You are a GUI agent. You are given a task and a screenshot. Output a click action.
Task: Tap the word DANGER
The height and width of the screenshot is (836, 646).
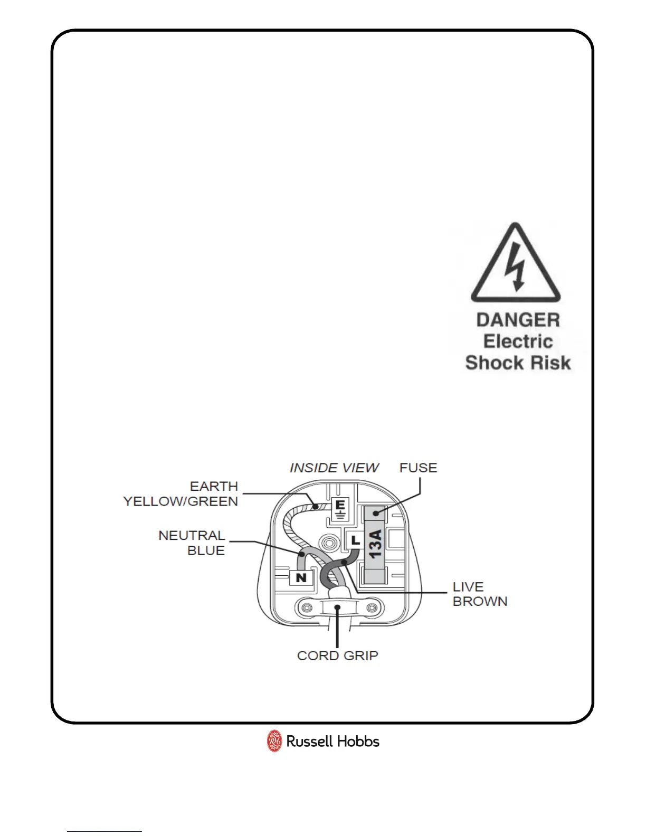click(518, 320)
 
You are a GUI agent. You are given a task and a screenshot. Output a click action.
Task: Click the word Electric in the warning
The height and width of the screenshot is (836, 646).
click(518, 341)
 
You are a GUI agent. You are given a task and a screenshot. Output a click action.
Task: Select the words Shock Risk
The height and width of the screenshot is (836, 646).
click(518, 363)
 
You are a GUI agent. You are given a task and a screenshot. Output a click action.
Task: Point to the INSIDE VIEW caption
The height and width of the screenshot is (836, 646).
click(334, 468)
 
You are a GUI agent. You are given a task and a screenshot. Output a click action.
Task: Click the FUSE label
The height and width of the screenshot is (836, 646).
click(418, 468)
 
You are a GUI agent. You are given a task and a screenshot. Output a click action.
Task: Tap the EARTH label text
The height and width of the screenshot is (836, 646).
click(214, 486)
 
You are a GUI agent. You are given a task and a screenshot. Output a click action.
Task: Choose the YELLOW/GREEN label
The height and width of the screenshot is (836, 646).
click(180, 501)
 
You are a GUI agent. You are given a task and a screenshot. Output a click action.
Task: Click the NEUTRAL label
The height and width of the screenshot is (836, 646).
click(192, 536)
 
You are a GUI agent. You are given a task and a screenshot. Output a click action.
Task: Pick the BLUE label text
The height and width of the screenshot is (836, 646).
click(206, 550)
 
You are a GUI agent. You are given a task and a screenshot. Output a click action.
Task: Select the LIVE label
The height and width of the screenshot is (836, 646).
click(468, 587)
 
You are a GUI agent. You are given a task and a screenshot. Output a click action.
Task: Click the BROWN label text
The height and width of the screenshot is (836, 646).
click(480, 602)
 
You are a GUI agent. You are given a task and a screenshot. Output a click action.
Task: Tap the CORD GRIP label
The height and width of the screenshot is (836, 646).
click(338, 655)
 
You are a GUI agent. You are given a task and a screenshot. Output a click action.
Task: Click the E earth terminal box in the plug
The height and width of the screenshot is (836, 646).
click(340, 509)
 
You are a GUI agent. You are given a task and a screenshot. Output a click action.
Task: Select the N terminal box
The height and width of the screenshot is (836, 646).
click(301, 578)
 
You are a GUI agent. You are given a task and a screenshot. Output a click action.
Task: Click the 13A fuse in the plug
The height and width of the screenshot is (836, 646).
click(375, 545)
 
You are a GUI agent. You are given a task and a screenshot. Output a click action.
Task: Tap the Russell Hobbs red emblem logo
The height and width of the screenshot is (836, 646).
click(274, 741)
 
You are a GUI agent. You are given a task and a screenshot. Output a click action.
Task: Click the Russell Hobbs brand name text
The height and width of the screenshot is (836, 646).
click(332, 742)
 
